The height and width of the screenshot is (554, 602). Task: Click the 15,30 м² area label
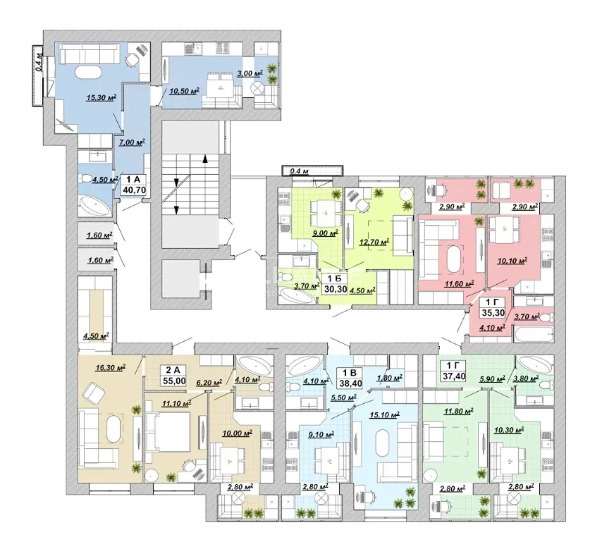(x=102, y=97)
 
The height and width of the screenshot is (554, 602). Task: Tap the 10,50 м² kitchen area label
(x=185, y=91)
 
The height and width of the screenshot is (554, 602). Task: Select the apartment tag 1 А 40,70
(x=134, y=185)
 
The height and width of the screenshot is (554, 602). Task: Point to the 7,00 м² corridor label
(x=132, y=142)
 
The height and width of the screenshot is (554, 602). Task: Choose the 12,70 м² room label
(x=374, y=242)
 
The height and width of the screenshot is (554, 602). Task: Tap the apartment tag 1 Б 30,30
(x=335, y=285)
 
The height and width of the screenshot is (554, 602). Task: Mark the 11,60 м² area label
(x=459, y=284)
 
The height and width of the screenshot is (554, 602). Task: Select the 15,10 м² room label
(x=385, y=414)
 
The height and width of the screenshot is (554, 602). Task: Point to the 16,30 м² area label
(x=111, y=368)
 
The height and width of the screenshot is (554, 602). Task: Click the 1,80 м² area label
(x=389, y=377)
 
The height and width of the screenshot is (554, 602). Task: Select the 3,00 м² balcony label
(x=250, y=73)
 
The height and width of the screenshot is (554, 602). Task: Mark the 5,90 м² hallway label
(x=492, y=379)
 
